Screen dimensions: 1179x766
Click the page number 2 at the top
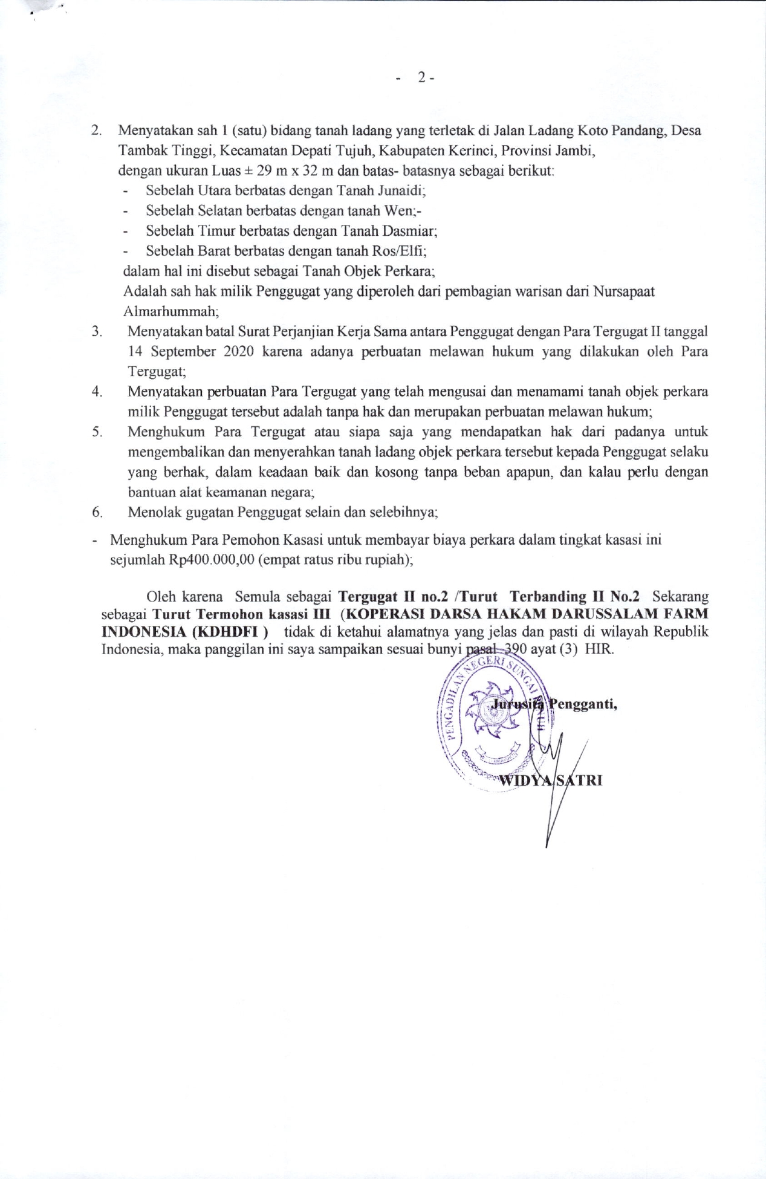(x=421, y=77)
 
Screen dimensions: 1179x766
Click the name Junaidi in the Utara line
(x=401, y=191)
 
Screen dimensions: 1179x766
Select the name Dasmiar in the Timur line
(x=411, y=231)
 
